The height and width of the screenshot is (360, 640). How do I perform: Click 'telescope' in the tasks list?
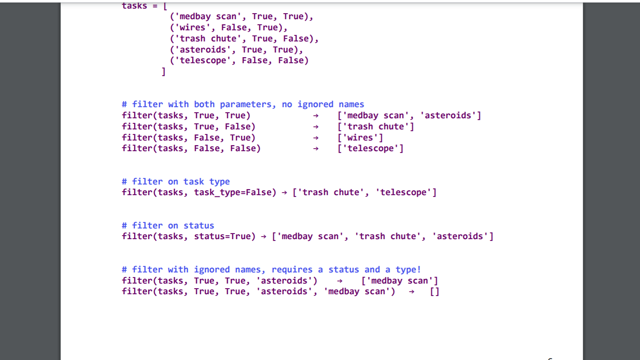pos(203,61)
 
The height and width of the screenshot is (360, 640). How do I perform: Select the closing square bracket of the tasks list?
pos(163,72)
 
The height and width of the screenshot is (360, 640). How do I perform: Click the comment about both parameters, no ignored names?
pos(243,105)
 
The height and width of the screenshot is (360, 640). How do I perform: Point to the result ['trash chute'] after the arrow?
pos(375,127)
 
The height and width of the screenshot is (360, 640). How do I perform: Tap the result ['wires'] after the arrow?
pos(360,138)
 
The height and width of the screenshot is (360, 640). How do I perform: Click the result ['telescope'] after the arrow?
pos(370,149)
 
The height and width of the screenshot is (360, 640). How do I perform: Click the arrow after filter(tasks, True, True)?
pos(316,116)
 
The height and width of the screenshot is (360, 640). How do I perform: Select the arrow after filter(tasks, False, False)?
pos(316,149)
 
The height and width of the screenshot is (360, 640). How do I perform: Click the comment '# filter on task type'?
pos(175,182)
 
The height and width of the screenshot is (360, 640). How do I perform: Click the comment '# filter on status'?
pos(168,226)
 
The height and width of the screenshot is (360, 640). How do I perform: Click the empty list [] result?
pos(435,292)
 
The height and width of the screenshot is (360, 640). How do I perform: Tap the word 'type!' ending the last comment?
pos(408,270)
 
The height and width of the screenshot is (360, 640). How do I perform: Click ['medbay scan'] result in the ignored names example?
pos(400,281)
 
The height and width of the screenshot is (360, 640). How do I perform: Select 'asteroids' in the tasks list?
pos(203,50)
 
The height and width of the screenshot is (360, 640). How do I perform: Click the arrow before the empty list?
pos(412,292)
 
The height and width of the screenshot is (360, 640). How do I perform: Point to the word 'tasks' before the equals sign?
pos(134,6)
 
